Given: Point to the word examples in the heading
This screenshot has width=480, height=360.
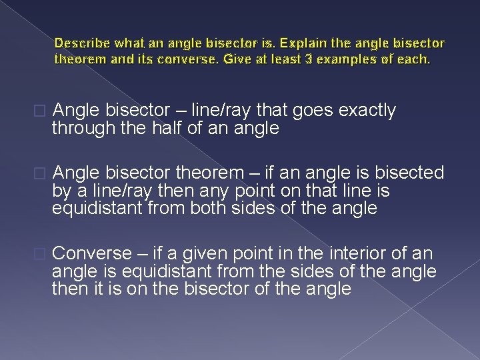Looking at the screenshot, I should pyautogui.click(x=354, y=59).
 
